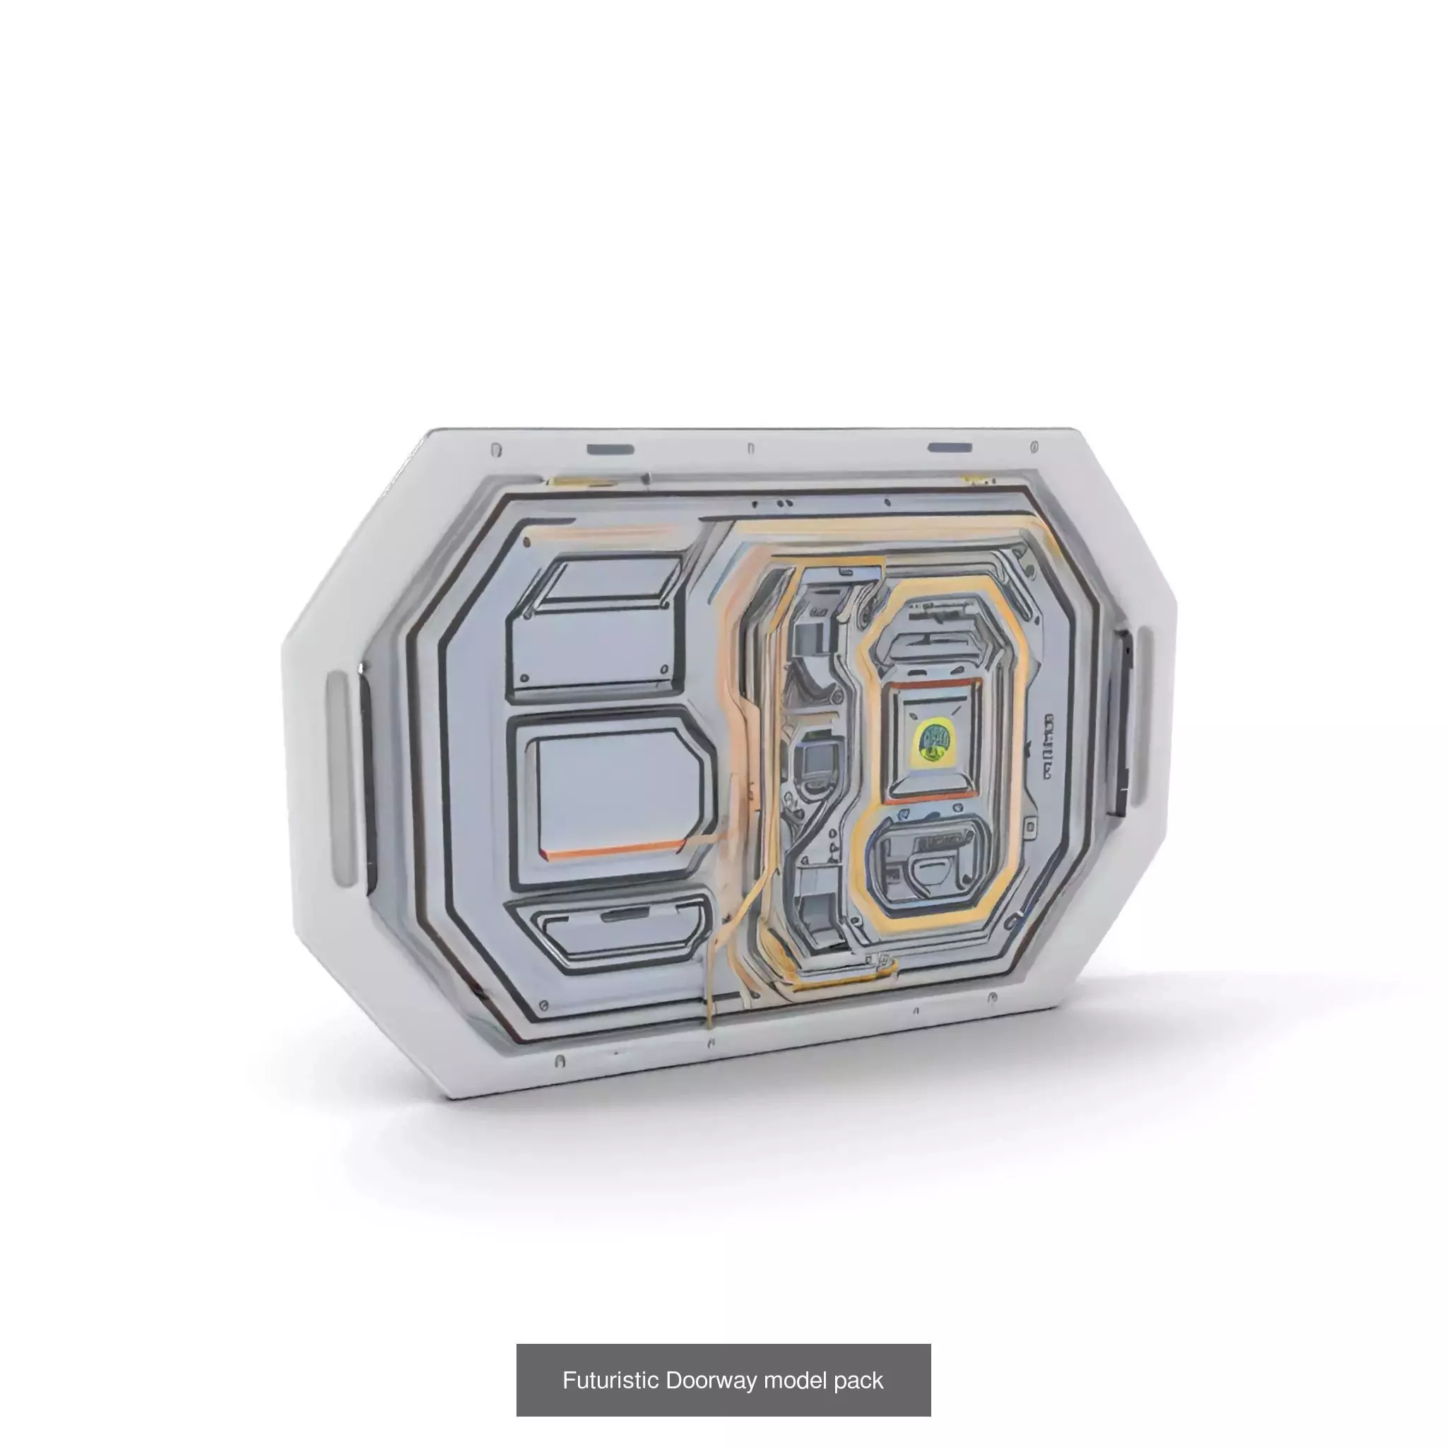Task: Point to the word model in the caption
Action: point(796,1380)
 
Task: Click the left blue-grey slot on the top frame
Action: point(610,449)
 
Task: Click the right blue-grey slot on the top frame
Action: point(950,448)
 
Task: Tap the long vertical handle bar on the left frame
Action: point(338,779)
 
